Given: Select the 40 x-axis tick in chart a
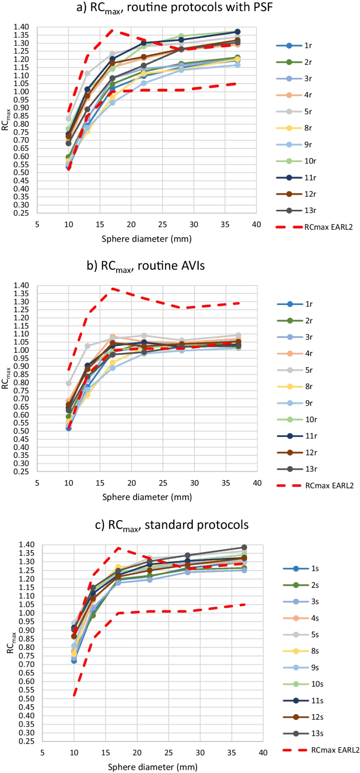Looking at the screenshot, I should pos(256,223).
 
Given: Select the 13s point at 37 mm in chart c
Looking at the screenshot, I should pos(244,547).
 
